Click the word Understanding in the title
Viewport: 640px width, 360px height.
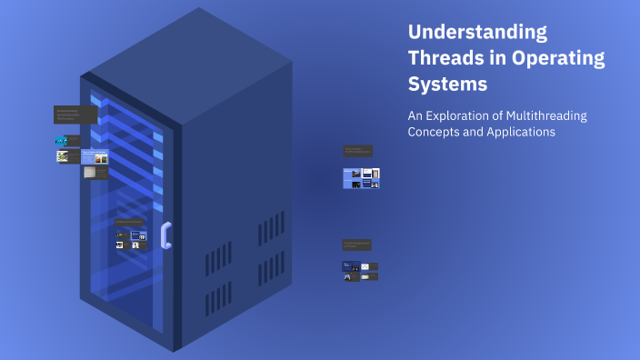[477, 33]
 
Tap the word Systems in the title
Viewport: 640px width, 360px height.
[447, 85]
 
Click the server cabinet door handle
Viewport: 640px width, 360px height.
[165, 235]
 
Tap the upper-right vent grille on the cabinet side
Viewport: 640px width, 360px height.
[270, 227]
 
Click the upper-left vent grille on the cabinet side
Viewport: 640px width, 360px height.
[217, 256]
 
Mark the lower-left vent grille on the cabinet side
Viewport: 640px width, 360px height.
[217, 300]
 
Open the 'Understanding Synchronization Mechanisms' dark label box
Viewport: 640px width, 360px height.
[75, 115]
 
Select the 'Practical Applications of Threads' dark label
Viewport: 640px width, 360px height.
[356, 245]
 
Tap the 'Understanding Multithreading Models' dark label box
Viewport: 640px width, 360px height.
[357, 151]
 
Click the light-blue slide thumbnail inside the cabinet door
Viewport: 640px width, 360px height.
[95, 156]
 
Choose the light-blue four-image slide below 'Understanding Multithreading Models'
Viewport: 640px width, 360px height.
[361, 177]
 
